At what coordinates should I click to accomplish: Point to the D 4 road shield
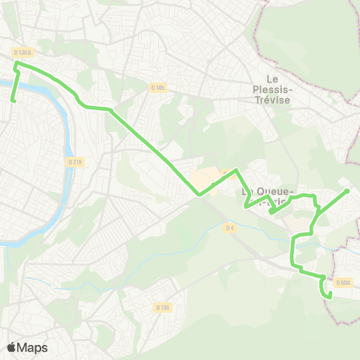pyautogui.click(x=230, y=229)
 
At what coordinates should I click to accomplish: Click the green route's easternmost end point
pyautogui.click(x=348, y=190)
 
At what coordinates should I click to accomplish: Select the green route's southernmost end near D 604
pyautogui.click(x=330, y=298)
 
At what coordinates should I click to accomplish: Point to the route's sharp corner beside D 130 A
pyautogui.click(x=16, y=64)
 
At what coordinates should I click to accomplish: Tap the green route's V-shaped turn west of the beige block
pyautogui.click(x=199, y=195)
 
